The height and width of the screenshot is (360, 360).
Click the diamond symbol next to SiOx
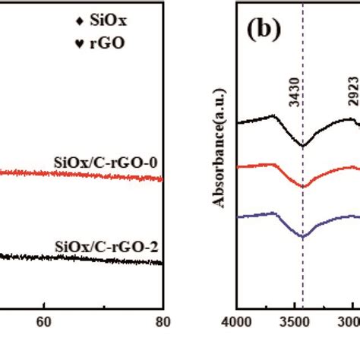click(x=80, y=21)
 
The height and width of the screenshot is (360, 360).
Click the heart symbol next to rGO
click(x=80, y=43)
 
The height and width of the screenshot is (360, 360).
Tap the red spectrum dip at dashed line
click(x=303, y=186)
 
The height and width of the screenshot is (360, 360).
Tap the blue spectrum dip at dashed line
click(x=303, y=236)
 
